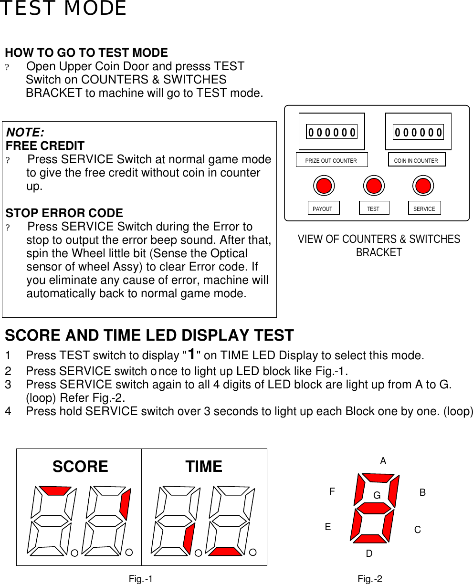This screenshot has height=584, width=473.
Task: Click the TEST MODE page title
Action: [63, 9]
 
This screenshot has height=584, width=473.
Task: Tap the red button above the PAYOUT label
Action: [324, 185]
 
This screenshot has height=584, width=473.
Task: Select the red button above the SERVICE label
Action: [423, 185]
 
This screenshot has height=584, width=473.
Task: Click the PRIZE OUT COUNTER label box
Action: [332, 160]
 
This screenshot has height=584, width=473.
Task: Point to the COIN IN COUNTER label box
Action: [416, 160]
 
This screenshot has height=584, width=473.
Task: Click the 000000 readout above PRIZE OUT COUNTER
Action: [332, 132]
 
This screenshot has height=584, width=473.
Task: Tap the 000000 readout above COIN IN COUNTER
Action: [418, 132]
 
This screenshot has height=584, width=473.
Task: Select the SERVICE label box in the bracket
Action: [424, 209]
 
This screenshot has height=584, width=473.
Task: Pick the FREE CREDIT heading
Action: [45, 146]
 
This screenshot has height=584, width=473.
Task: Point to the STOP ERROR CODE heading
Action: [64, 213]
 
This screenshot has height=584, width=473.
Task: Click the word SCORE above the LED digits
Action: [80, 466]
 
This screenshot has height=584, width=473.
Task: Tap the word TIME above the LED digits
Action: [204, 466]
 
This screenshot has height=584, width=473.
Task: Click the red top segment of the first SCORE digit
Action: [55, 490]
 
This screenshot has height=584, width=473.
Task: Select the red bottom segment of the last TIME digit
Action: [225, 552]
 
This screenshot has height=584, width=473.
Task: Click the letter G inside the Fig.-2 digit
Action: [377, 496]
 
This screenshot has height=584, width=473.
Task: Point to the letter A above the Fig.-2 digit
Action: [383, 461]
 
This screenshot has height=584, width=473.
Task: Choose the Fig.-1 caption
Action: [141, 579]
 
